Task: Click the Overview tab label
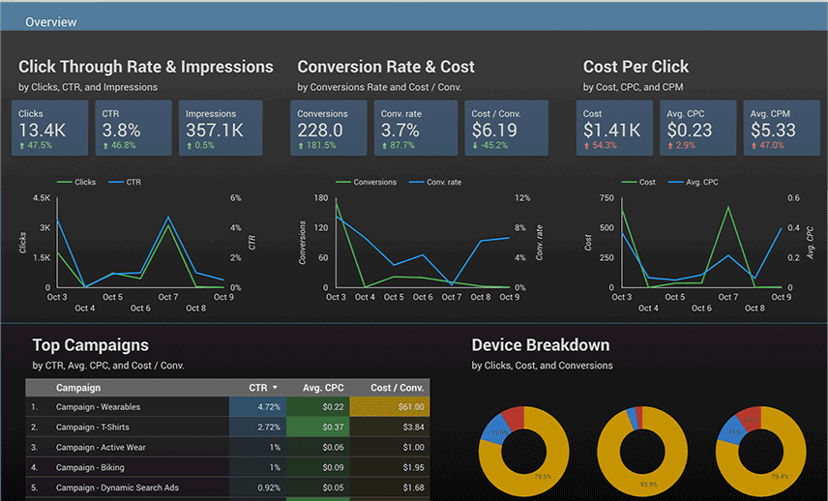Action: pyautogui.click(x=50, y=22)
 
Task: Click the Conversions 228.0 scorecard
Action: pyautogui.click(x=330, y=128)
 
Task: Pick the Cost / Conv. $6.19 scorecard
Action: pyautogui.click(x=506, y=128)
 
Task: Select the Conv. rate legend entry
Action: pyautogui.click(x=443, y=182)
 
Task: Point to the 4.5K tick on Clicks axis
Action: pyautogui.click(x=41, y=198)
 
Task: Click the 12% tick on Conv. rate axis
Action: pyautogui.click(x=522, y=198)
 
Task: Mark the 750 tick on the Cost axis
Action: pyautogui.click(x=606, y=198)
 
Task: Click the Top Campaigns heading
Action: pyautogui.click(x=90, y=345)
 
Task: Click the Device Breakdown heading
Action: pyautogui.click(x=540, y=345)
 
